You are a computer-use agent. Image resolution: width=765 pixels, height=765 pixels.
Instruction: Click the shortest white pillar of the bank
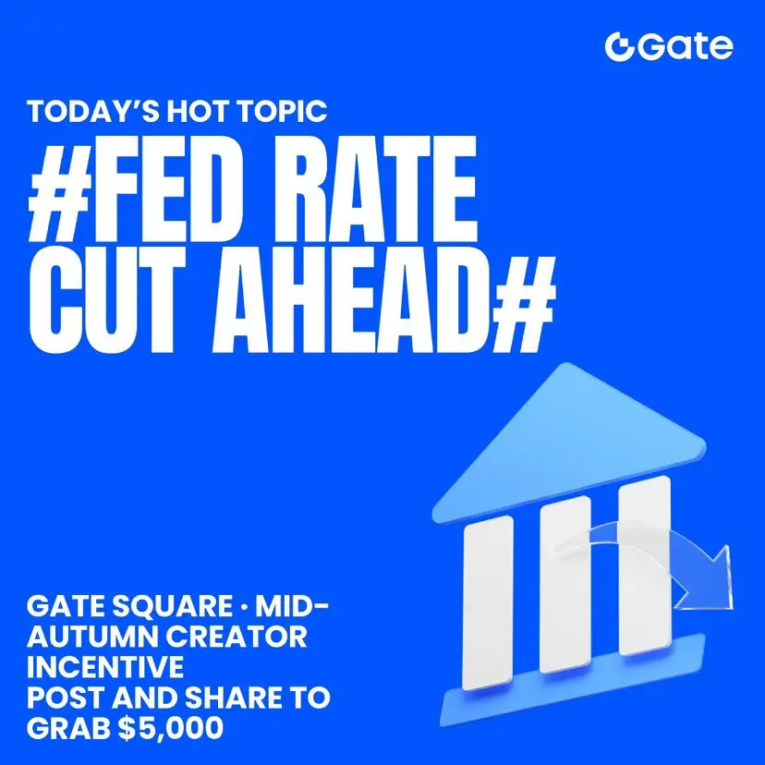[488, 603]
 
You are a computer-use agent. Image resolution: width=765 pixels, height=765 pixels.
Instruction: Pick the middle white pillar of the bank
[565, 584]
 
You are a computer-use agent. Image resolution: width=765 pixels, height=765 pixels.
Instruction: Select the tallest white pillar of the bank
[645, 565]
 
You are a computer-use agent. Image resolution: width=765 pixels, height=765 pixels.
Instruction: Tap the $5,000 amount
[171, 728]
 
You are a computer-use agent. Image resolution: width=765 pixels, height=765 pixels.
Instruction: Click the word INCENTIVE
[105, 667]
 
